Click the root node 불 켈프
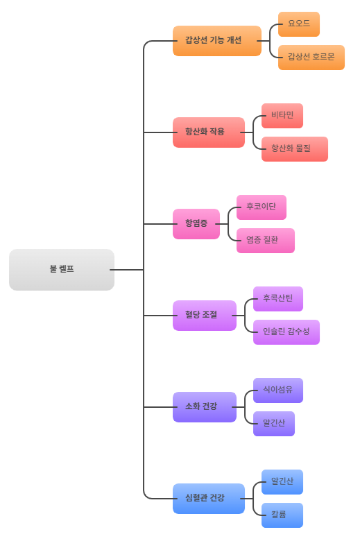[x=62, y=269]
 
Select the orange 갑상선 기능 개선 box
[x=216, y=40]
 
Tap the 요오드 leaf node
[x=299, y=24]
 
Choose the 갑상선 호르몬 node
[x=311, y=58]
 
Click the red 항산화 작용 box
[x=208, y=132]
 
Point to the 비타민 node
[x=282, y=115]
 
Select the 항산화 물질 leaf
[x=294, y=148]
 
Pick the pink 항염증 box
[x=196, y=223]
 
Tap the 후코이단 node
[x=261, y=207]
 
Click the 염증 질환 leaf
[x=265, y=240]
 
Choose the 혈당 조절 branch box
[x=204, y=315]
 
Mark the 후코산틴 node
[x=277, y=298]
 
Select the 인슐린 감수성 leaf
[x=286, y=332]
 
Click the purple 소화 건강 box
[x=204, y=406]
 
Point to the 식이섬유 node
[x=277, y=390]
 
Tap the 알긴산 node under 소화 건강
[x=273, y=423]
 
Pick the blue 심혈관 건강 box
[x=208, y=498]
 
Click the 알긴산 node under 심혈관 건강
[x=282, y=481]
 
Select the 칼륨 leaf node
[x=282, y=515]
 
